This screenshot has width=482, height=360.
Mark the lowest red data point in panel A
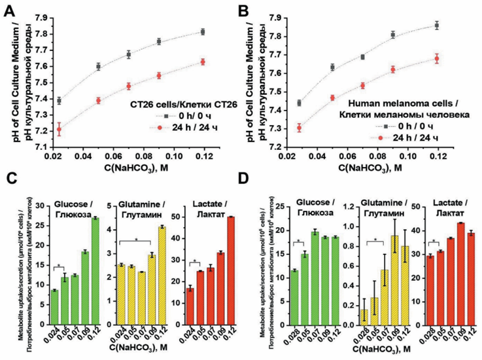(x=60, y=130)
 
